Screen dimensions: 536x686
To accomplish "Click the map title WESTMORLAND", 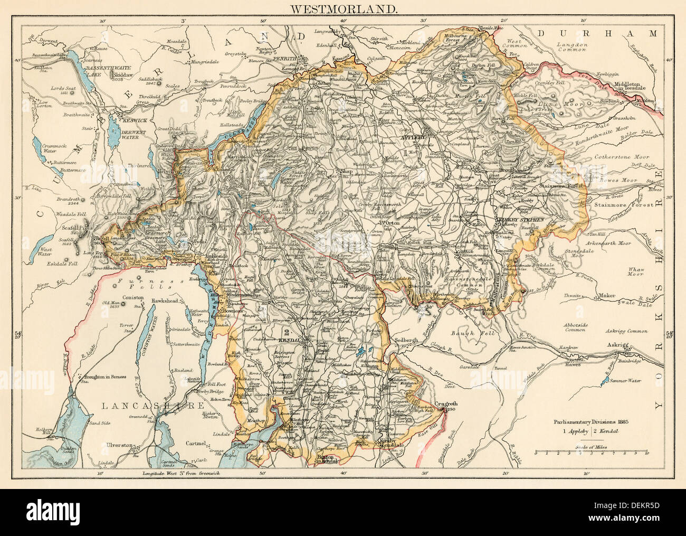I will [343, 9].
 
